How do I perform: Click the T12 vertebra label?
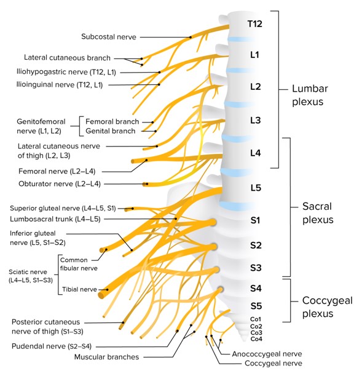(254, 24)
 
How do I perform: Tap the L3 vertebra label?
(256, 120)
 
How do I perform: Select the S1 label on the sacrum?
(255, 220)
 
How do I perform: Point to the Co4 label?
(256, 339)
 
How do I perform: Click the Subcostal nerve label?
(109, 37)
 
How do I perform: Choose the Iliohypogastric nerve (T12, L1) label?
(66, 72)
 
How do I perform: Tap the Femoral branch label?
(112, 122)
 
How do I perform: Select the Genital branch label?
(111, 131)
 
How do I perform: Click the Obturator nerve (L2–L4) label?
(60, 184)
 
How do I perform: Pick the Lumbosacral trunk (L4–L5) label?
(55, 219)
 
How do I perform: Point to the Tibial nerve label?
(79, 289)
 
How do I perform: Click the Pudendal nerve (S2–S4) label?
(52, 346)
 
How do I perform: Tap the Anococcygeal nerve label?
(267, 354)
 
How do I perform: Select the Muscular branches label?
(106, 357)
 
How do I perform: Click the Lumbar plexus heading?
(310, 95)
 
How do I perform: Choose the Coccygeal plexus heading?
(328, 307)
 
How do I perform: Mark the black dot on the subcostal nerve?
(191, 37)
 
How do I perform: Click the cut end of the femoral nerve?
(133, 161)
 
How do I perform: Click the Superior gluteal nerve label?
(63, 208)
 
